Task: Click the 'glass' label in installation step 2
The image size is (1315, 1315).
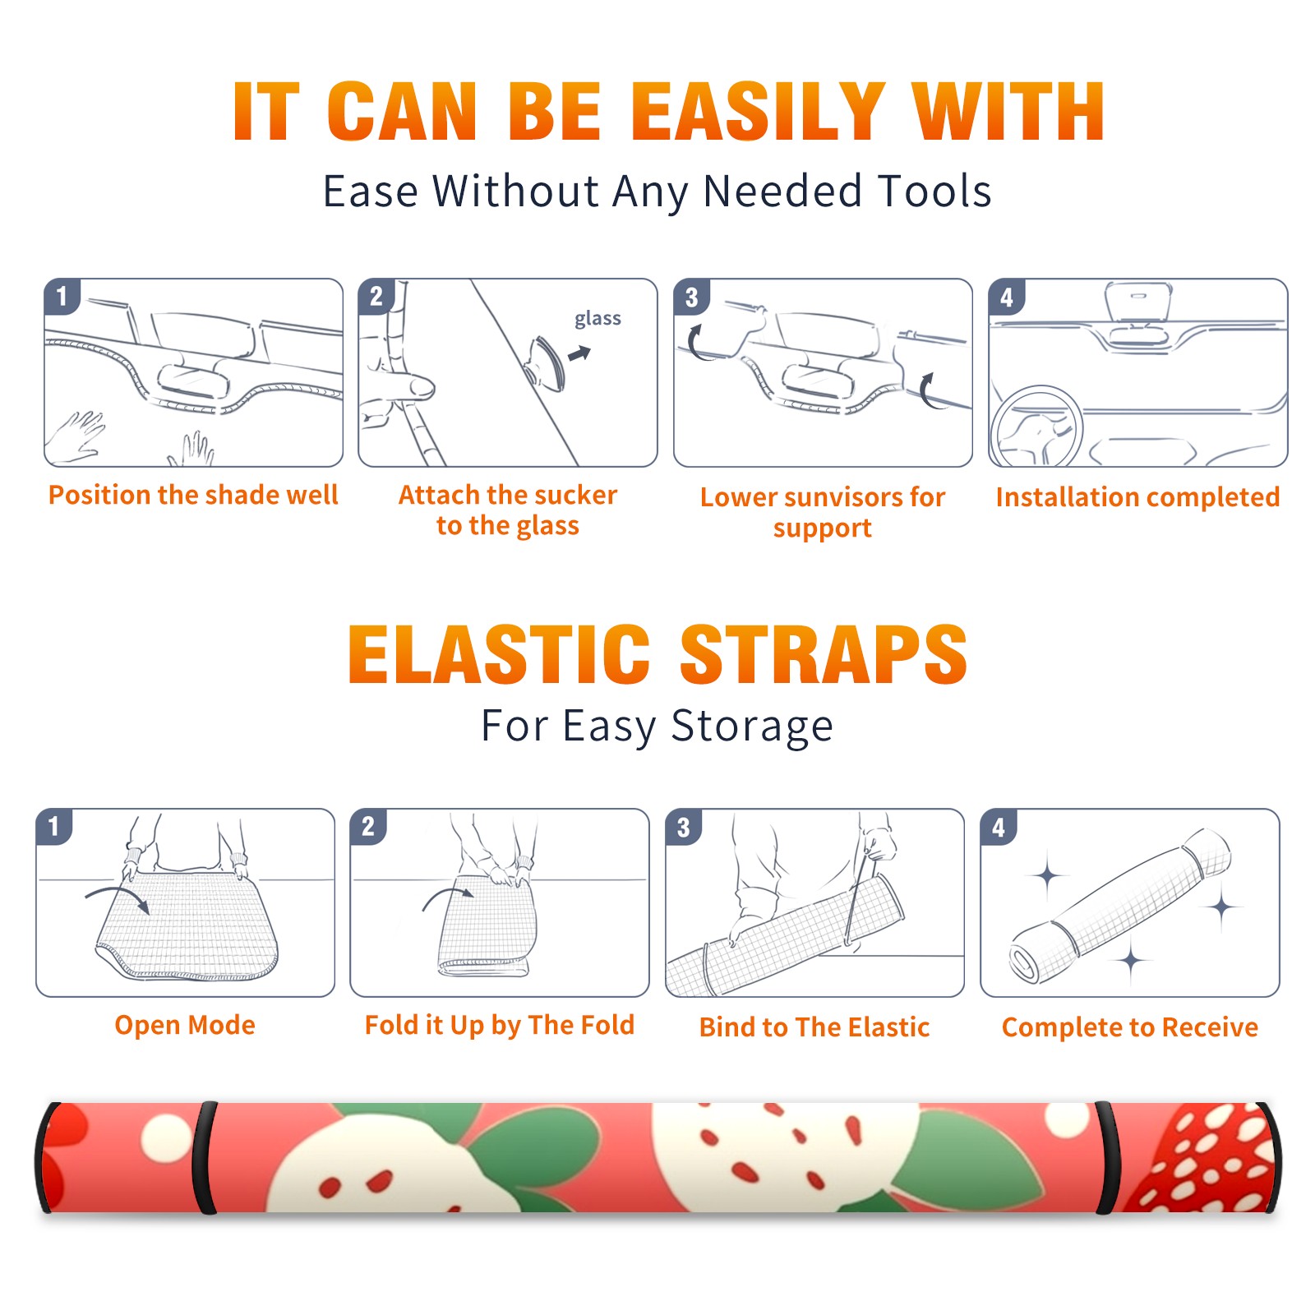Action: [x=598, y=319]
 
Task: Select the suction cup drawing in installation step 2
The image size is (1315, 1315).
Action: [x=547, y=362]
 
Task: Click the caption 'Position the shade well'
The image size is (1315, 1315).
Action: [x=193, y=495]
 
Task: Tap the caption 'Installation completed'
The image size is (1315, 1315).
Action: [x=1137, y=496]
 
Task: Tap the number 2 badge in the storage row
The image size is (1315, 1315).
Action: [x=368, y=826]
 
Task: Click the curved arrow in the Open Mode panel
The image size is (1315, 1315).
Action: [x=118, y=897]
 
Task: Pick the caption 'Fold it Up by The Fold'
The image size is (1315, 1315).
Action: [x=500, y=1025]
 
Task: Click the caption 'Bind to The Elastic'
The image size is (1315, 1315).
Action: [x=814, y=1027]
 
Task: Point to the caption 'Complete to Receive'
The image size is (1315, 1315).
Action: [x=1130, y=1027]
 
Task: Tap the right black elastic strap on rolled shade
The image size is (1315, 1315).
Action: [x=1106, y=1158]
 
